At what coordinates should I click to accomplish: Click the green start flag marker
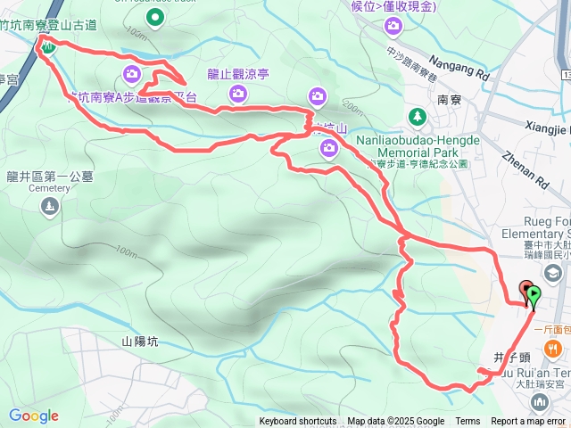[x=534, y=293]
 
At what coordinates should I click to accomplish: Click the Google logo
[x=33, y=416]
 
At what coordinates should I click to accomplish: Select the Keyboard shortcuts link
[x=298, y=422]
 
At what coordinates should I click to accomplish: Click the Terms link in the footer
[x=468, y=422]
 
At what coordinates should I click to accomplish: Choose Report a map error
[x=529, y=422]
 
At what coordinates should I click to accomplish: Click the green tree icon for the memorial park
[x=418, y=116]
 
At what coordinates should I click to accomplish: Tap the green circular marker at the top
[x=156, y=16]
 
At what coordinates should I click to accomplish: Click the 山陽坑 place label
[x=139, y=342]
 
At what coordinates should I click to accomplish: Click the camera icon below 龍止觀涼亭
[x=319, y=95]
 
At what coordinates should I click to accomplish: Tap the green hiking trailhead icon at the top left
[x=47, y=45]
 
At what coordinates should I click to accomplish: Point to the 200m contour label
[x=352, y=109]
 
